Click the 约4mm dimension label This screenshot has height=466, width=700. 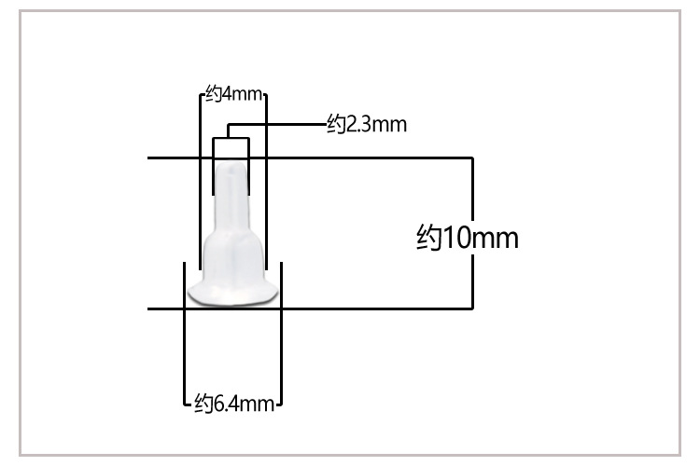pyautogui.click(x=233, y=93)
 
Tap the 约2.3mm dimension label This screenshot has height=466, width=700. pyautogui.click(x=367, y=124)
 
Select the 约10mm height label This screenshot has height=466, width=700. pyautogui.click(x=468, y=238)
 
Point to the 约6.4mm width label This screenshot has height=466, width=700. pyautogui.click(x=234, y=404)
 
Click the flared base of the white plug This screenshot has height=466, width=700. pyautogui.click(x=233, y=294)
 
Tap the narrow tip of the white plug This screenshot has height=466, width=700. pyautogui.click(x=231, y=178)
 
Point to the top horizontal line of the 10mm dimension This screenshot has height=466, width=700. pyautogui.click(x=310, y=158)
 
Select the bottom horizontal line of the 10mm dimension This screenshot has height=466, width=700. pyautogui.click(x=310, y=308)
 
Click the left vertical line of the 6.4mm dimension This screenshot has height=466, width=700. pyautogui.click(x=185, y=334)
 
